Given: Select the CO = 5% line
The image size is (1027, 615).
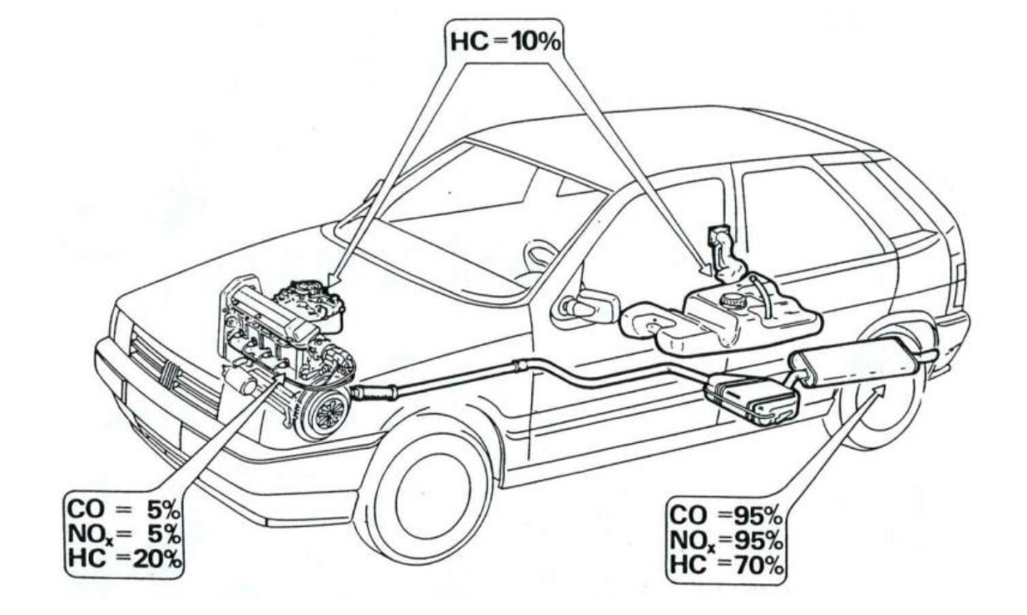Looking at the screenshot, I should click(x=122, y=504).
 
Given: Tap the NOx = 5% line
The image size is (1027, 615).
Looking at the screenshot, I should click(x=122, y=530).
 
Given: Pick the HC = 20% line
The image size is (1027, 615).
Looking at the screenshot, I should click(x=122, y=558).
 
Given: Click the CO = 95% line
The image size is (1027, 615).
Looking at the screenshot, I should click(x=725, y=514).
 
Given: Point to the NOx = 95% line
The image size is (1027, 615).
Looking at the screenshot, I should click(x=725, y=539).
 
